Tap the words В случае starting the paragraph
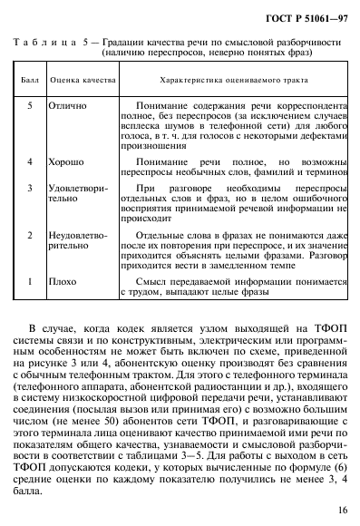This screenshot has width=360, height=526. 50,326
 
